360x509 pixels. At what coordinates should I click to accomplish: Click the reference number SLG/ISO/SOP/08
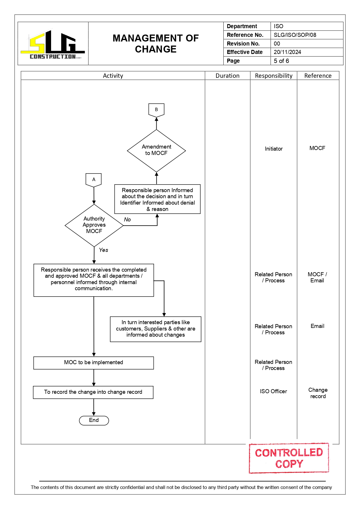tap(295, 35)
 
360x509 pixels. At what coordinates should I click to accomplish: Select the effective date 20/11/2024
tap(287, 52)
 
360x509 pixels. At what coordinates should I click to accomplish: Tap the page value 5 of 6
tap(281, 61)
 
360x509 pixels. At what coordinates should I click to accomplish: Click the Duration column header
tap(227, 76)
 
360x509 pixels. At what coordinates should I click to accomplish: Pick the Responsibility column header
tap(274, 76)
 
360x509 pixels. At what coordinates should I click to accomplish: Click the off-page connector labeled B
tap(156, 110)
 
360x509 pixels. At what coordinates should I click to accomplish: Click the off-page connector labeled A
tap(94, 180)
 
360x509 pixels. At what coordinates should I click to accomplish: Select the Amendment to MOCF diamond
tap(156, 150)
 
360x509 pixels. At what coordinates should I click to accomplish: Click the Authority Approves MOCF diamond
tap(94, 225)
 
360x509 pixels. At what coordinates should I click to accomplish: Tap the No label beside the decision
tap(127, 220)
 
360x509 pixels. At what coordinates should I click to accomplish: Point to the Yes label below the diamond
tap(104, 250)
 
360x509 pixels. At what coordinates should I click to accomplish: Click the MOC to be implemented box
tap(93, 363)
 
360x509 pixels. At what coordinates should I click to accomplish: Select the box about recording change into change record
tap(93, 392)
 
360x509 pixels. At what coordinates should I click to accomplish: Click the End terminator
tap(94, 420)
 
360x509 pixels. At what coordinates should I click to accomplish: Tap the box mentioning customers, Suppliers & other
tap(155, 329)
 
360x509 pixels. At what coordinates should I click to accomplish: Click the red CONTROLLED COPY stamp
tap(289, 458)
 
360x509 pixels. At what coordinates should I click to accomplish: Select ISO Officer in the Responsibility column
tap(273, 391)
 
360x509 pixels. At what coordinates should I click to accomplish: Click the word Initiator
tap(274, 149)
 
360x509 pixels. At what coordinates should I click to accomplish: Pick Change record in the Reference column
tap(318, 393)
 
